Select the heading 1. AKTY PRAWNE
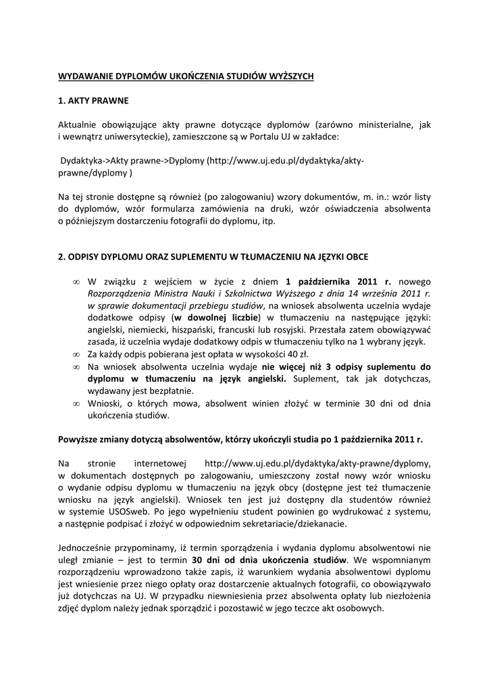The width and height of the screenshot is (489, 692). (x=93, y=101)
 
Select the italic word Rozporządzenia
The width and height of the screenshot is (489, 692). (x=118, y=294)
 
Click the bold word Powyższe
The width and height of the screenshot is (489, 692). (x=79, y=439)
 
